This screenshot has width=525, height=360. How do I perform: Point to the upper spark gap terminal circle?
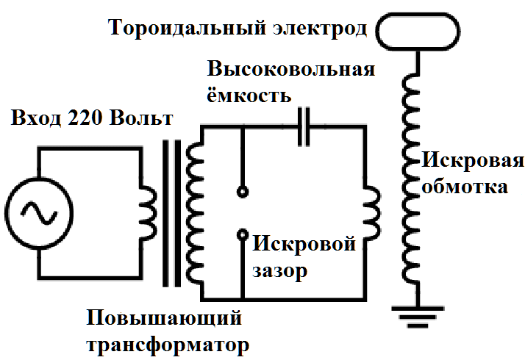point(242,192)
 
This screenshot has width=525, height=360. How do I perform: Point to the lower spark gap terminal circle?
point(242,235)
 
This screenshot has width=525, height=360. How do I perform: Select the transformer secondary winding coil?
point(196,213)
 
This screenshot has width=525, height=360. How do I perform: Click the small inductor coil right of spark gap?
point(371,213)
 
